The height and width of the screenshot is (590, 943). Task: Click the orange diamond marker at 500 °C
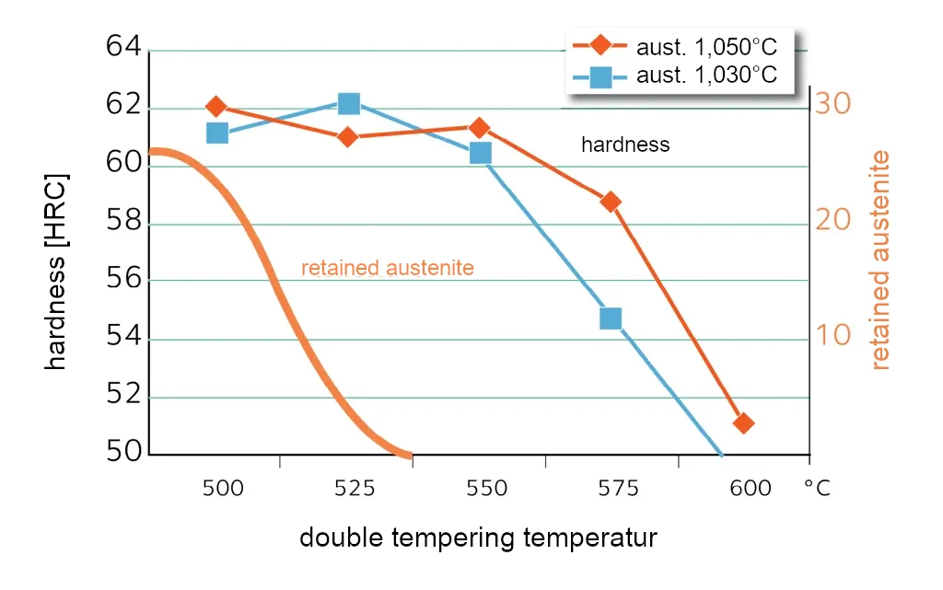pos(216,107)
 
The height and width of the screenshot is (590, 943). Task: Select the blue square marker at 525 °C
pos(348,103)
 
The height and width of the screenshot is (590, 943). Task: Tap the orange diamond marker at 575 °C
pos(611,202)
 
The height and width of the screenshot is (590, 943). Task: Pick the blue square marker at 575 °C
pos(611,318)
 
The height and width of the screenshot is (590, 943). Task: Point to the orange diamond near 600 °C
pos(743,423)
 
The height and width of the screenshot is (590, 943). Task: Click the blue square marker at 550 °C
pos(480,153)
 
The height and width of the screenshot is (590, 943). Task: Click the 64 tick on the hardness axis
pos(123,46)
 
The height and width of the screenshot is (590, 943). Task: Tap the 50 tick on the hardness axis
pos(123,452)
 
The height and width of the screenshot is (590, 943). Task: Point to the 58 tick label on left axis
pos(123,221)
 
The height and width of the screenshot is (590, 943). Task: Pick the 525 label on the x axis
pos(355,489)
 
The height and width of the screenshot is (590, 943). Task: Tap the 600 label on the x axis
pos(751,489)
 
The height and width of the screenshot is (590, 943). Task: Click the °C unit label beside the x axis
pos(816,489)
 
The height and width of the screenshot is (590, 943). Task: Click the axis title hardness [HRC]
pos(57,271)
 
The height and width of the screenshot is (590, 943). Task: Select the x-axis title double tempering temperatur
pos(478,538)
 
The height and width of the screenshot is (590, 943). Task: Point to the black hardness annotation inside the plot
pos(624,145)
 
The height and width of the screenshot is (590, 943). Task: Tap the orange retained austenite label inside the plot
pos(387,268)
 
